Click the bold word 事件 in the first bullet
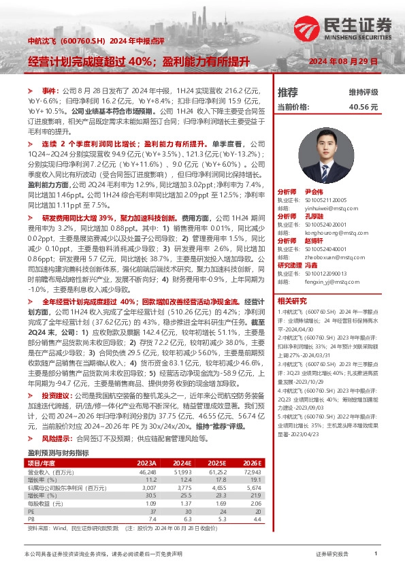(x=51, y=91)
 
